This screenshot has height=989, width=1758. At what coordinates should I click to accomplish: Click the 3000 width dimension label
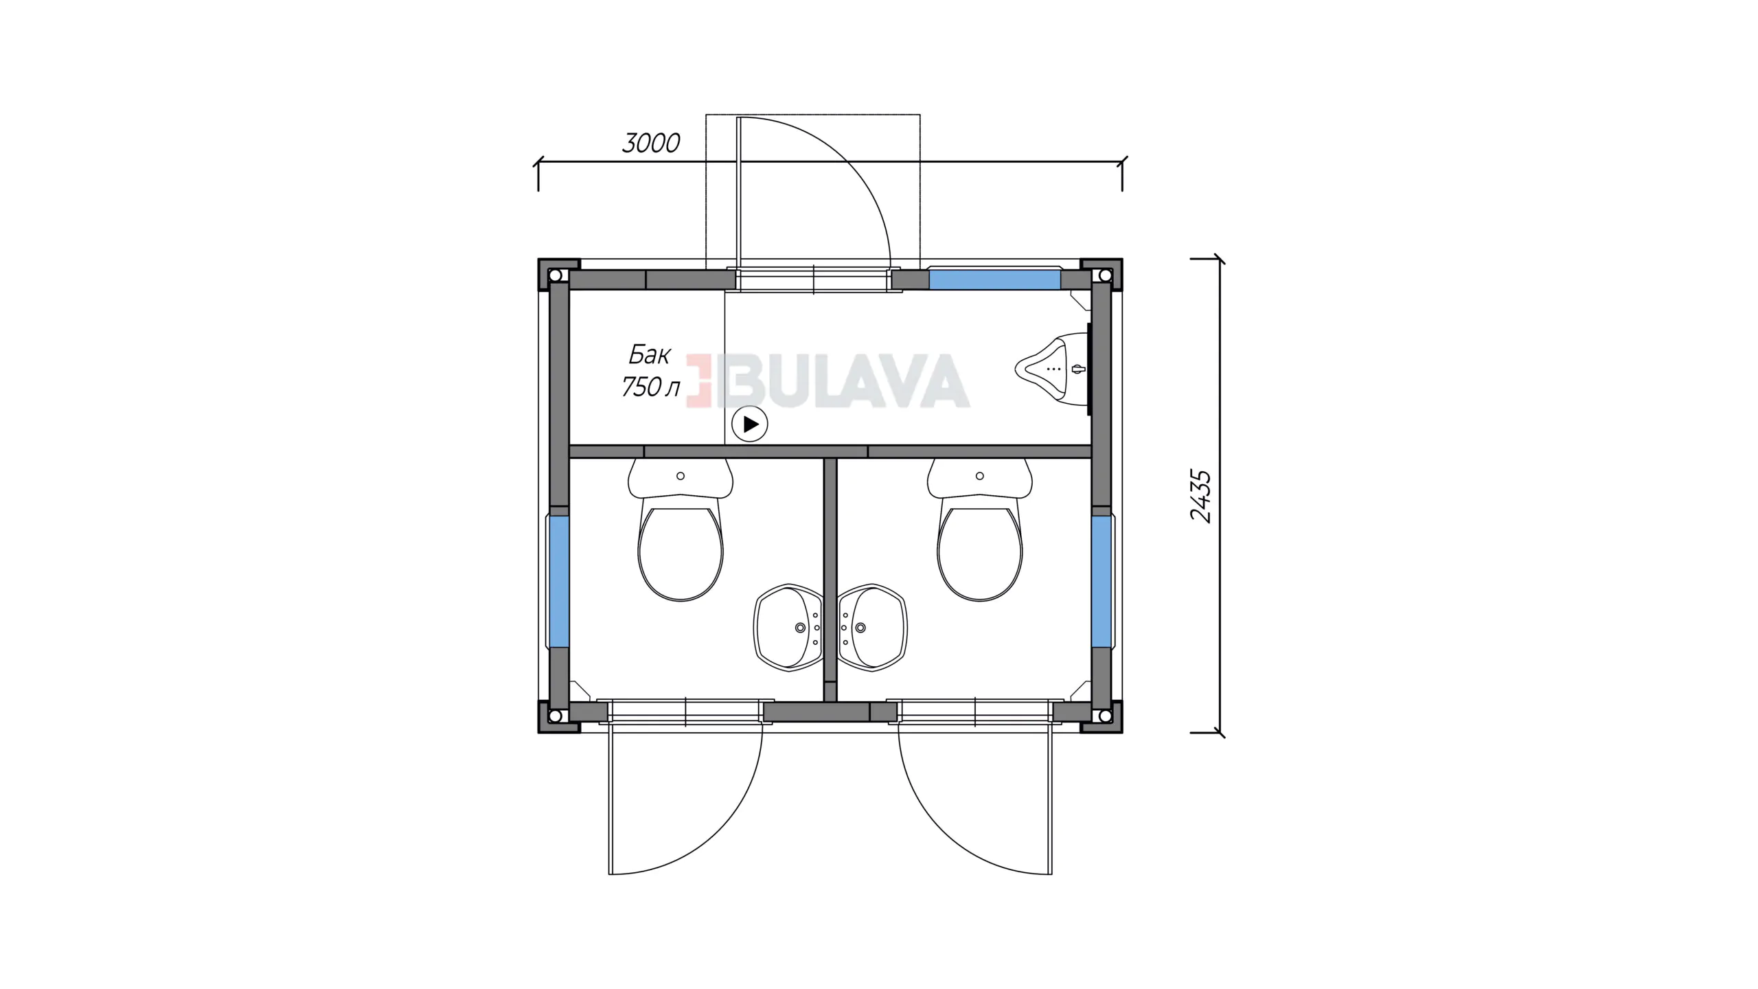[x=651, y=143]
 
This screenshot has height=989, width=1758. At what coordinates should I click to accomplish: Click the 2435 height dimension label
[x=1201, y=497]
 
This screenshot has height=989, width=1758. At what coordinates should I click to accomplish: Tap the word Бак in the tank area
[x=649, y=355]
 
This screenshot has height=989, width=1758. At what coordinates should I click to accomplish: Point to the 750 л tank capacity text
[x=650, y=387]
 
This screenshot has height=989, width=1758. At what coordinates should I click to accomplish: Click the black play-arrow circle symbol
[x=750, y=424]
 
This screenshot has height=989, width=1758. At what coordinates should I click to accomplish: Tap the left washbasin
[x=788, y=627]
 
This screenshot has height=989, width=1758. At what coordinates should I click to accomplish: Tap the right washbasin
[x=872, y=627]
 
